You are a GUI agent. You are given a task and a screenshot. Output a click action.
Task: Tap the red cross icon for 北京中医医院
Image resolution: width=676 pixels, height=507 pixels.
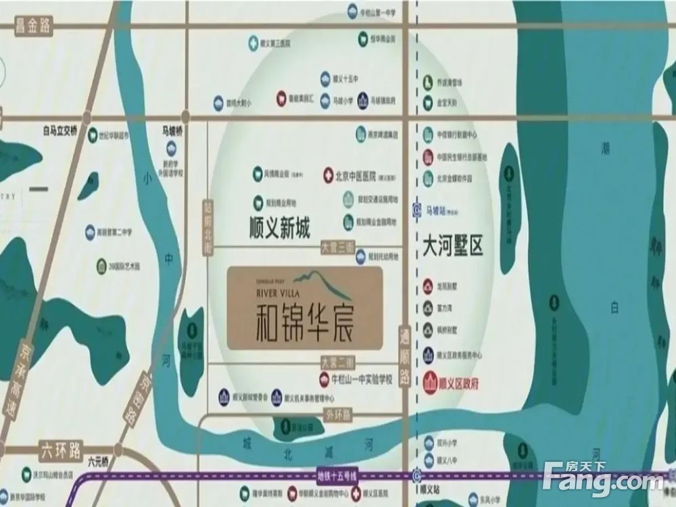click(x=329, y=174)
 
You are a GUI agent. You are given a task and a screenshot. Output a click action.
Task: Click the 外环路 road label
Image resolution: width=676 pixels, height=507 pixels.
click(x=338, y=412)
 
